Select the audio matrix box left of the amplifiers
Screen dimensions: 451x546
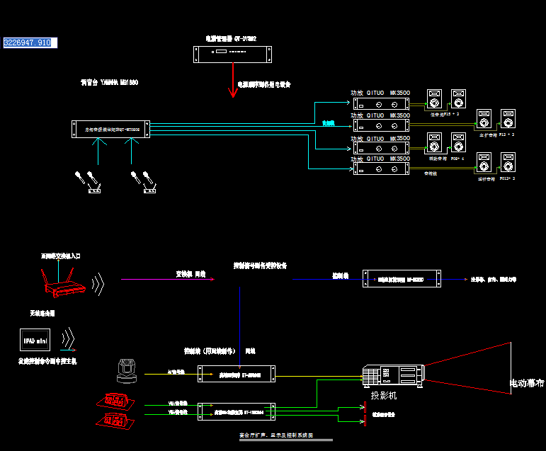(111, 130)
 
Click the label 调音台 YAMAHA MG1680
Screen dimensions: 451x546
(109, 83)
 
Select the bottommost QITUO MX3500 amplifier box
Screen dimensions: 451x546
(380, 168)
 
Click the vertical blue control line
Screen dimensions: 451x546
(240, 319)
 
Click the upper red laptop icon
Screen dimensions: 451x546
(115, 401)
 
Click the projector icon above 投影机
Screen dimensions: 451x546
(393, 376)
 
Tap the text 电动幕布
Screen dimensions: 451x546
(527, 384)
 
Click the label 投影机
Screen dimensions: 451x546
(384, 395)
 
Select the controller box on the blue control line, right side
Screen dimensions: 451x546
(402, 279)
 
